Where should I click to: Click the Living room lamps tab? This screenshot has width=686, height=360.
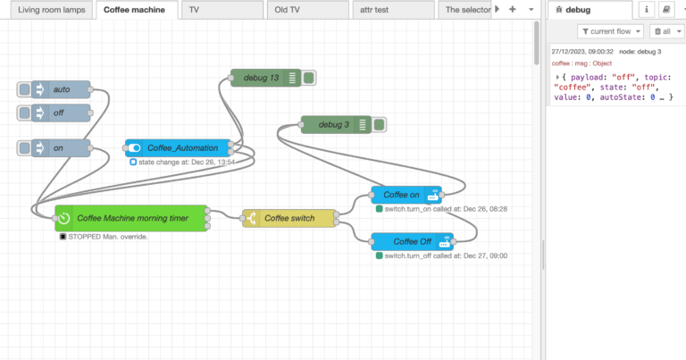pos(47,10)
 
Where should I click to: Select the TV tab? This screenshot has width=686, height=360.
pos(222,10)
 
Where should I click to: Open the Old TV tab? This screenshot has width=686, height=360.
pos(306,10)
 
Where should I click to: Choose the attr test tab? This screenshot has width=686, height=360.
pos(392,10)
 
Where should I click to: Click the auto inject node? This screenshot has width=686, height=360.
pos(63,89)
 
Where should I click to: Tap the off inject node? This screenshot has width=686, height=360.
pos(63,113)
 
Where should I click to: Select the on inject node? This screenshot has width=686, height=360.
pos(63,147)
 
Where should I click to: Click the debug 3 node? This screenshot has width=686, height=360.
pos(335,124)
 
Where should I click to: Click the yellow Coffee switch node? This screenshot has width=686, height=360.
pos(289,217)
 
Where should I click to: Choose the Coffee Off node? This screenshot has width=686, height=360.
pos(412,241)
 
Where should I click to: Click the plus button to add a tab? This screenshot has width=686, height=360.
pos(512,9)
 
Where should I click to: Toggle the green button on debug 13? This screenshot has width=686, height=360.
pos(308,78)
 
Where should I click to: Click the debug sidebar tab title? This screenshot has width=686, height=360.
pos(572,10)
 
